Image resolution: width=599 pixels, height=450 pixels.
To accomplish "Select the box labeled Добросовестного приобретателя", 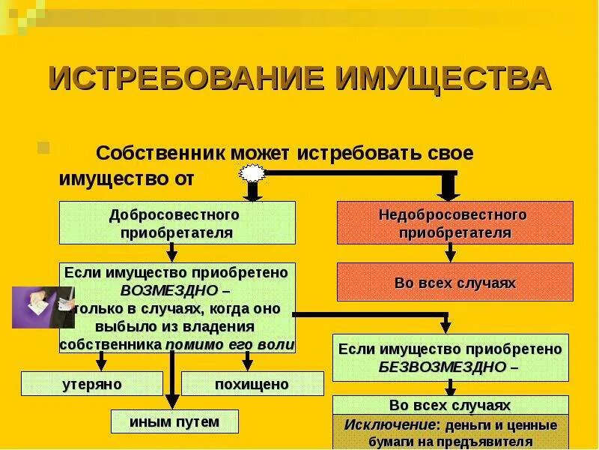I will [177, 223].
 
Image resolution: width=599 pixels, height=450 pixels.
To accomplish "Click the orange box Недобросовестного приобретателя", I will [454, 223].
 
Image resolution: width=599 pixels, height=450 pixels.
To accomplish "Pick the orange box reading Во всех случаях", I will [454, 283].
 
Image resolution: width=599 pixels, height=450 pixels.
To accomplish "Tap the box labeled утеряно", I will [91, 384].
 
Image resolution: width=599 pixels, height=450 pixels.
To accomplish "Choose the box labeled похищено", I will [252, 384].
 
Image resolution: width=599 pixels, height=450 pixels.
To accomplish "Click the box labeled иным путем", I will [174, 421].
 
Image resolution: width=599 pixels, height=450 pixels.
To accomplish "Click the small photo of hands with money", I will [41, 307].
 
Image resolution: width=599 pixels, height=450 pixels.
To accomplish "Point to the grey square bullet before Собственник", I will [43, 146].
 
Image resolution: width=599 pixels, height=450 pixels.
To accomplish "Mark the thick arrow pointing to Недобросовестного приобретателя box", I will [448, 186].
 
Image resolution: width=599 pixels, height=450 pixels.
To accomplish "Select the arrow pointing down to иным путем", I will [172, 382].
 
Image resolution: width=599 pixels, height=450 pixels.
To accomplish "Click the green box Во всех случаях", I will [450, 405].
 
